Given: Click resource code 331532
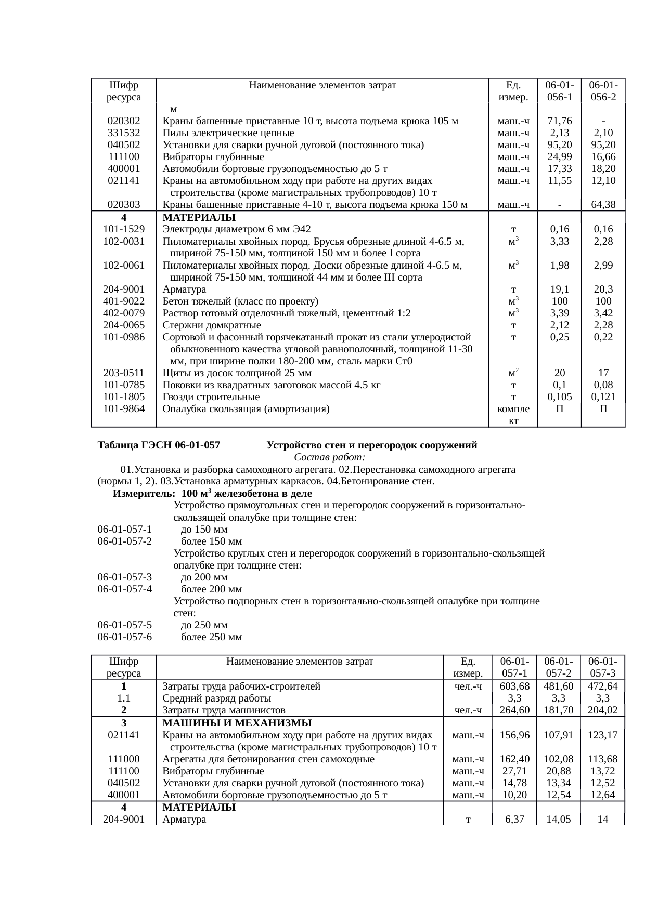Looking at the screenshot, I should [124, 133].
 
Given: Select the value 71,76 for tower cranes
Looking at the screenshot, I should [559, 121].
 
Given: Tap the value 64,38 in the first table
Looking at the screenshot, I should [603, 205].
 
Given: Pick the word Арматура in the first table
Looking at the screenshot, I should [184, 289].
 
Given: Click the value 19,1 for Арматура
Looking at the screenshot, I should [559, 289].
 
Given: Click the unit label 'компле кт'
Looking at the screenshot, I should [513, 415].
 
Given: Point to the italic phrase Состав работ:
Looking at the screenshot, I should [329, 457].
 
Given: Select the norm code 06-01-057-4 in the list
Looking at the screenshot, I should [124, 589].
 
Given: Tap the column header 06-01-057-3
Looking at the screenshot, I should [603, 667].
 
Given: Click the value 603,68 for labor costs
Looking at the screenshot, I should [514, 686].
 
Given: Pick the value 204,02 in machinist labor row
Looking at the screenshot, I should [603, 710].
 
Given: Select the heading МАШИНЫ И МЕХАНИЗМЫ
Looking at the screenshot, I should [237, 723].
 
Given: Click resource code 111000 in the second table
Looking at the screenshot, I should [124, 759].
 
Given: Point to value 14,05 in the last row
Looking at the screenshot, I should [559, 820].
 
